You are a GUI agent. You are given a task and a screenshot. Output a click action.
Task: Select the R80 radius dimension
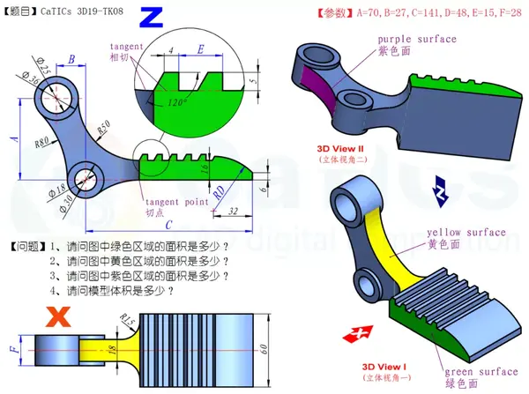pos(41,140)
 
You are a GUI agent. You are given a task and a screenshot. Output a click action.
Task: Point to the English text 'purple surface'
pos(417,40)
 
